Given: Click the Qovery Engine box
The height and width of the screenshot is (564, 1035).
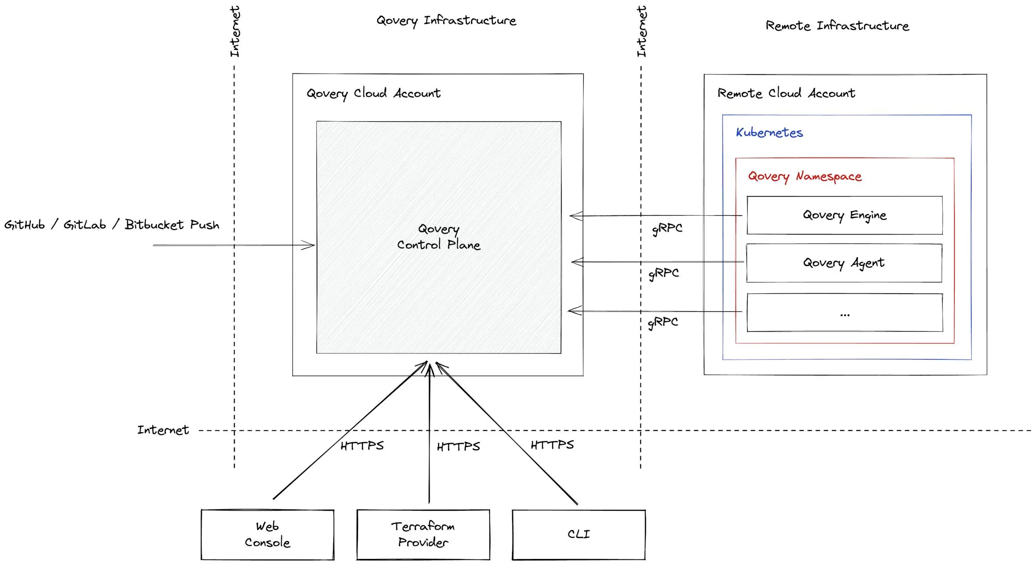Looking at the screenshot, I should click(844, 215).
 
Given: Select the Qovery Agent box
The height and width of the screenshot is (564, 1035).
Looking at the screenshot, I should click(844, 263).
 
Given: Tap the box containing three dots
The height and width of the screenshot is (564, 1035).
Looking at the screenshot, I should click(845, 313).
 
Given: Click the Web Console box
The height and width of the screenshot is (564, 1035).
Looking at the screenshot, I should click(267, 535).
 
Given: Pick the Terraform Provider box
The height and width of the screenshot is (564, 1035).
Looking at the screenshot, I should click(423, 535).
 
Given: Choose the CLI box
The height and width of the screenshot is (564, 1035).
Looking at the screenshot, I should click(579, 535).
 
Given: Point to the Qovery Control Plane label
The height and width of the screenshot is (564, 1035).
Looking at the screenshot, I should click(439, 237).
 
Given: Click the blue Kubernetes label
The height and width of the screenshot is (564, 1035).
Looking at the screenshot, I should click(769, 133).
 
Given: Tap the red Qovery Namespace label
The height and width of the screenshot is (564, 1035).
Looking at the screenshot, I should click(805, 176).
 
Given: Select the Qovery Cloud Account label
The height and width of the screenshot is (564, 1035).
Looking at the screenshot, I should click(373, 93).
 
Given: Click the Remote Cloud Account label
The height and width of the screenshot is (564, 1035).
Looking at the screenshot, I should click(786, 93).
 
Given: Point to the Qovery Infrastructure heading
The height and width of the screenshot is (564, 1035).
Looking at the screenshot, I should click(446, 21).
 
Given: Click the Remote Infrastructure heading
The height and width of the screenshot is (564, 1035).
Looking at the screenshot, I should click(837, 26).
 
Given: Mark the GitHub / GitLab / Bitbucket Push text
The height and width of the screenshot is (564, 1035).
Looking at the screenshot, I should click(112, 225).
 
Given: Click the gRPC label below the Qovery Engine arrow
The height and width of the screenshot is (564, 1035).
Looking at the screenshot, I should click(667, 229).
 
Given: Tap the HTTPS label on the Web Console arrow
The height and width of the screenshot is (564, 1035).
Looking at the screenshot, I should click(362, 446).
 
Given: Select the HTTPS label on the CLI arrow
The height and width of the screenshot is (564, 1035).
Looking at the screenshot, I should click(552, 445).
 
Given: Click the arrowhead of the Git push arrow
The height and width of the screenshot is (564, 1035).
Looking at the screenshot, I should click(310, 245).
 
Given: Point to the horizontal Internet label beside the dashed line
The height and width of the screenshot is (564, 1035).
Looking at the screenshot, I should click(163, 430).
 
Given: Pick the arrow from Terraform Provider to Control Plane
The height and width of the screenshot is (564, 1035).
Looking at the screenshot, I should click(430, 433).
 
